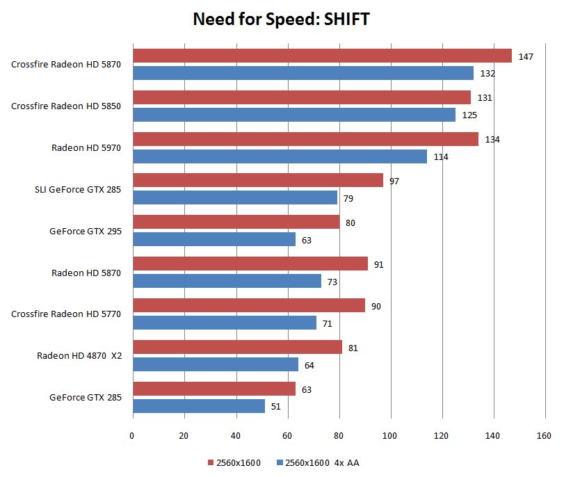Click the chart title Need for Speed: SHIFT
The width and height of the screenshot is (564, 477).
[x=281, y=19]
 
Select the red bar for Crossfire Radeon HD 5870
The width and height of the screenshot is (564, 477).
[x=322, y=56]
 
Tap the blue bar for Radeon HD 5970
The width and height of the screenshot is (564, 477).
[x=280, y=156]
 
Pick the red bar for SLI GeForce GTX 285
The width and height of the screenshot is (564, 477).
[x=257, y=180]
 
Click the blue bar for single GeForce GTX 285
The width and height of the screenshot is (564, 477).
[x=199, y=406]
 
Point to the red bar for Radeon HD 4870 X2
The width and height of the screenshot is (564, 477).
[x=237, y=347]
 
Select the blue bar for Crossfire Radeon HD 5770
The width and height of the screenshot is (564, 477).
[x=225, y=323]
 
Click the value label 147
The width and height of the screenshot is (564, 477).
[x=526, y=56]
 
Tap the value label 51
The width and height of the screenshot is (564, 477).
[x=275, y=407]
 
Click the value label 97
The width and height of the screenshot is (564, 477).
[x=394, y=181]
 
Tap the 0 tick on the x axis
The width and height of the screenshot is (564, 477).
[x=133, y=437]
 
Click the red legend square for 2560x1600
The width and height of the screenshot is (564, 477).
[x=210, y=462]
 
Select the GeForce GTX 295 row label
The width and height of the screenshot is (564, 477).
[x=86, y=232]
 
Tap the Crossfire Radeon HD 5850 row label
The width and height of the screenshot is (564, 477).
[x=66, y=106]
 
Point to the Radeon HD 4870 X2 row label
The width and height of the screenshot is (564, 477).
[x=79, y=356]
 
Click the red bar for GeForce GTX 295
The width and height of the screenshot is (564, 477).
[x=236, y=222]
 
